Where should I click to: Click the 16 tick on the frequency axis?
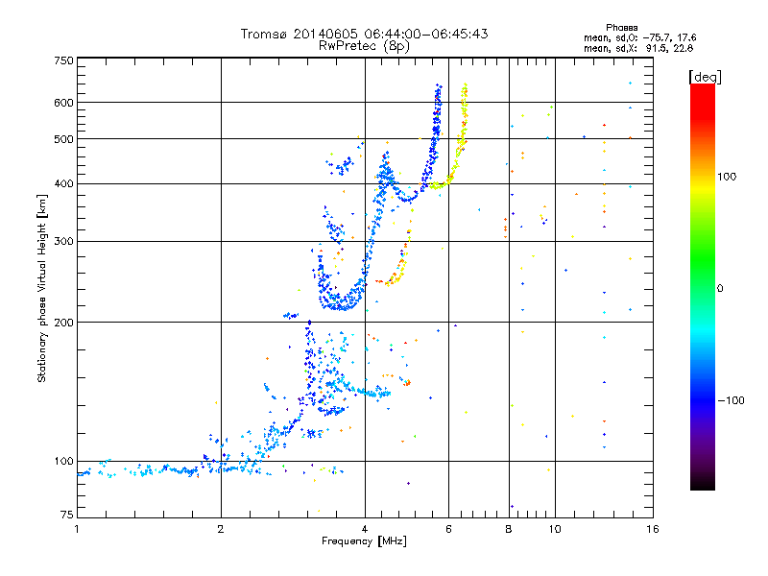pos(652,529)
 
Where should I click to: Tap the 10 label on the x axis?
pos(554,529)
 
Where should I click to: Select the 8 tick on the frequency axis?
pos(509,529)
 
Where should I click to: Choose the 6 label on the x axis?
pos(449,529)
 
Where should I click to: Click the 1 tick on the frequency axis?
pos(78,529)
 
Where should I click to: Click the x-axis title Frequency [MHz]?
pos(365,542)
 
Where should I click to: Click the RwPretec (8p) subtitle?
pos(364,45)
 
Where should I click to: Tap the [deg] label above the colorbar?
pos(706,76)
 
